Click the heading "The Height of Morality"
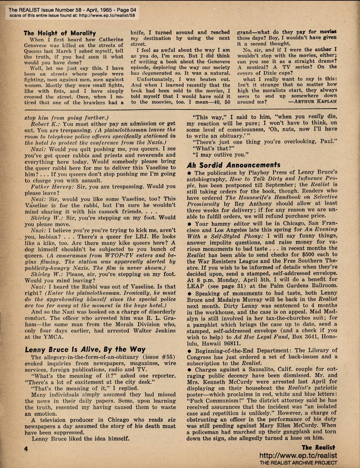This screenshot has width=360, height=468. coord(59,33)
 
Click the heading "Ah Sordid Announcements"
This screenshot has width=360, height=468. coord(233,165)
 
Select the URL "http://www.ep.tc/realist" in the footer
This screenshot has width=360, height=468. coord(298,455)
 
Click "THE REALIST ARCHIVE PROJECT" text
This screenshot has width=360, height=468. coord(298,463)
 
